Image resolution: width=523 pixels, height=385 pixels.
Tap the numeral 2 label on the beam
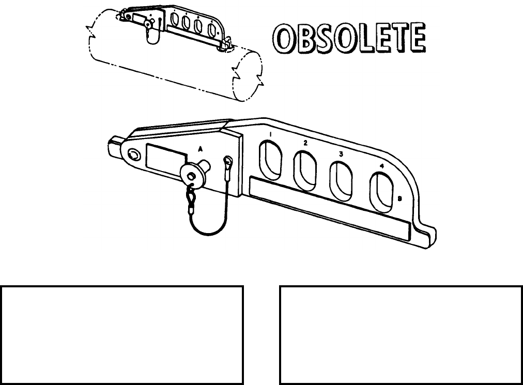pyautogui.click(x=305, y=143)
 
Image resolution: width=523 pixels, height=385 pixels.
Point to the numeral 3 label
pyautogui.click(x=341, y=154)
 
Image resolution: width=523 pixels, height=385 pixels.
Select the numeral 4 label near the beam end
pyautogui.click(x=381, y=166)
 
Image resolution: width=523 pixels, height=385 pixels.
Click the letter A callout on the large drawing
pyautogui.click(x=201, y=148)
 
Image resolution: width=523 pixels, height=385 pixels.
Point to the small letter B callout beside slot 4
pyautogui.click(x=401, y=199)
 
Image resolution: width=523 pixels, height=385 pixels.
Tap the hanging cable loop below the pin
pyautogui.click(x=207, y=220)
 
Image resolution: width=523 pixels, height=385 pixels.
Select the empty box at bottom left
pyautogui.click(x=122, y=334)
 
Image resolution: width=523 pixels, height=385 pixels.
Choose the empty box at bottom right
pyautogui.click(x=401, y=334)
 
